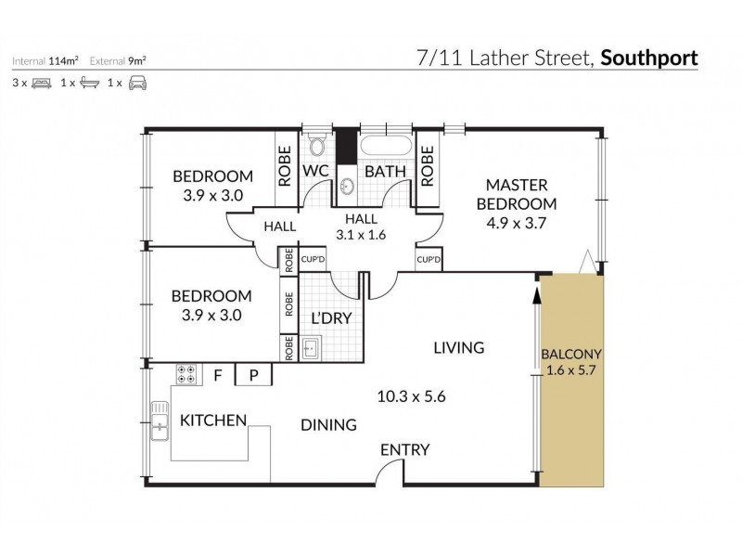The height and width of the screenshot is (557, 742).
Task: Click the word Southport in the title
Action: pos(649,58)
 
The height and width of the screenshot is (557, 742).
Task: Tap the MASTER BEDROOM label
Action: pos(517,194)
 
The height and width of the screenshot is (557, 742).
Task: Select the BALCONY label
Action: pos(572,354)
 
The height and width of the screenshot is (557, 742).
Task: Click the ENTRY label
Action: pos(405,450)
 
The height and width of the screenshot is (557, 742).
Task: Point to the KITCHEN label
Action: pos(213,421)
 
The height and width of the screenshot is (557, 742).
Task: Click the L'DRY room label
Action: pos(329,317)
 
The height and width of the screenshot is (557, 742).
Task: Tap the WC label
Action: pos(316,172)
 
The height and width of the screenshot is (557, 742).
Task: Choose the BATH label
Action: pos(381,172)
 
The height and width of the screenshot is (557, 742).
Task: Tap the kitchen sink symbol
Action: pos(160,425)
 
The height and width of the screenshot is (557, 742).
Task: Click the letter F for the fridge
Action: pos(219,376)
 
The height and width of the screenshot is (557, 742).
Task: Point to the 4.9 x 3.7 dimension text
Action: pos(517,222)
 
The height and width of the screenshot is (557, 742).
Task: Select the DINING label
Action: pos(328,425)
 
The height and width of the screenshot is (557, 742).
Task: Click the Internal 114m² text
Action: pos(45,61)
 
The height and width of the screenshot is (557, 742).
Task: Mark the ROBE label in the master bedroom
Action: pos(428,165)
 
